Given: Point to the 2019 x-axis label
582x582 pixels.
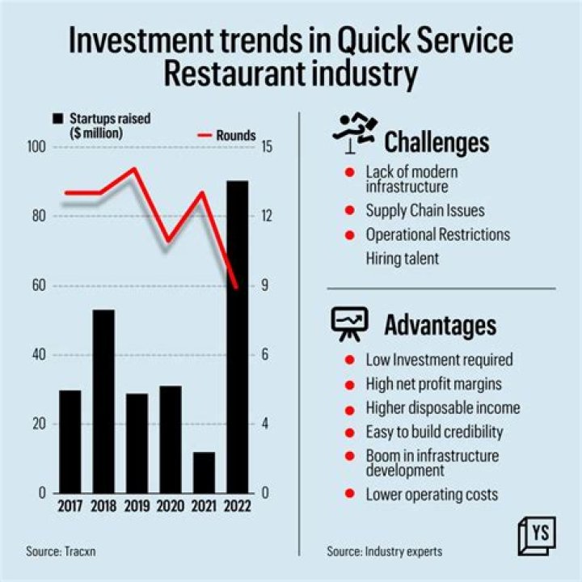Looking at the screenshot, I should point(137,507).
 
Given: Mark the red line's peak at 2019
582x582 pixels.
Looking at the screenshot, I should point(134,169).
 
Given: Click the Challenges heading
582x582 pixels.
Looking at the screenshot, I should point(436,143).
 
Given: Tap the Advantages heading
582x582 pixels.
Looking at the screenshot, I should point(440,325).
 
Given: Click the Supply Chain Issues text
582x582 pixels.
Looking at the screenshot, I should point(424,211).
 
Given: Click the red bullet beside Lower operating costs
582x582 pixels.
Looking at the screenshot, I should point(349,494).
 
